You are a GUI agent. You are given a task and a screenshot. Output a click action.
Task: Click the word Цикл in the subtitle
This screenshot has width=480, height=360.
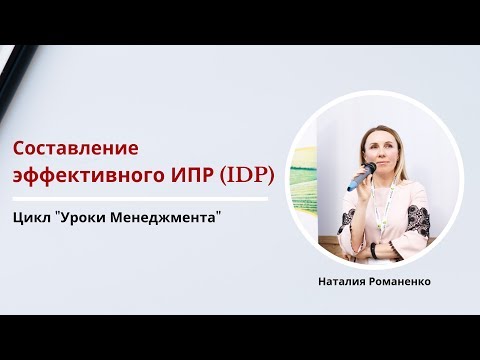coord(33,216)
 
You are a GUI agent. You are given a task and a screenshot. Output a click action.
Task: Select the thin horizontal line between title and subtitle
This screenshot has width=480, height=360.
coord(140,197)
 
